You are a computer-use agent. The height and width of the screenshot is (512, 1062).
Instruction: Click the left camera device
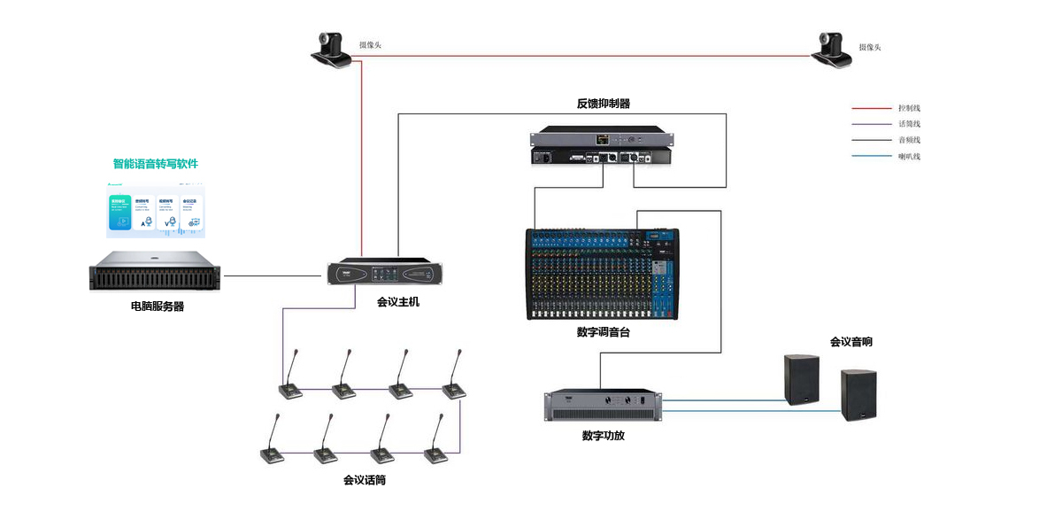[332, 50]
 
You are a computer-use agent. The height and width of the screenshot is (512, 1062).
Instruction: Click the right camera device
[832, 51]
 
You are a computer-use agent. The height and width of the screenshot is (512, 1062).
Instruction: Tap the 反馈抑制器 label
[604, 104]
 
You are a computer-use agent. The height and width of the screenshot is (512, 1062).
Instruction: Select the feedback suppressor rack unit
[602, 148]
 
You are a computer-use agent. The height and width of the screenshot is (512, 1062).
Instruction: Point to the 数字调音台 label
[603, 332]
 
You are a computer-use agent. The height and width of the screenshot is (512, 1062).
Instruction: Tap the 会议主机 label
[398, 302]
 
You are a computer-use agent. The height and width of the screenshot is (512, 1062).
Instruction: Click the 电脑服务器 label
[158, 307]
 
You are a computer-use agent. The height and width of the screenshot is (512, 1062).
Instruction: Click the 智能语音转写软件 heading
[156, 164]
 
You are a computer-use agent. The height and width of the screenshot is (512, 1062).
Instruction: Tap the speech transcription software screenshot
[156, 211]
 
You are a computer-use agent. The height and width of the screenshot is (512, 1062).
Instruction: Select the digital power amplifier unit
[603, 405]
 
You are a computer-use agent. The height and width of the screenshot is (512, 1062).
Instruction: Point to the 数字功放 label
[604, 436]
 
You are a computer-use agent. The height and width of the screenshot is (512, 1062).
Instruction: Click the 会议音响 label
[850, 341]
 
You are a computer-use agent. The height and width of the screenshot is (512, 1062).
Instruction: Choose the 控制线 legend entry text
[910, 107]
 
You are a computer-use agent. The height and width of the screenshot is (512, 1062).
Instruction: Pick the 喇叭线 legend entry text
[910, 157]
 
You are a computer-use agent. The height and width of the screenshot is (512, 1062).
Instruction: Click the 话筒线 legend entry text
[910, 124]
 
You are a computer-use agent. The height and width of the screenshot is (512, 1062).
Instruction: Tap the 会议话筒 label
[365, 480]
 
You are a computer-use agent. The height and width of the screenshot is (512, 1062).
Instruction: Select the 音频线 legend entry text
[910, 140]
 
